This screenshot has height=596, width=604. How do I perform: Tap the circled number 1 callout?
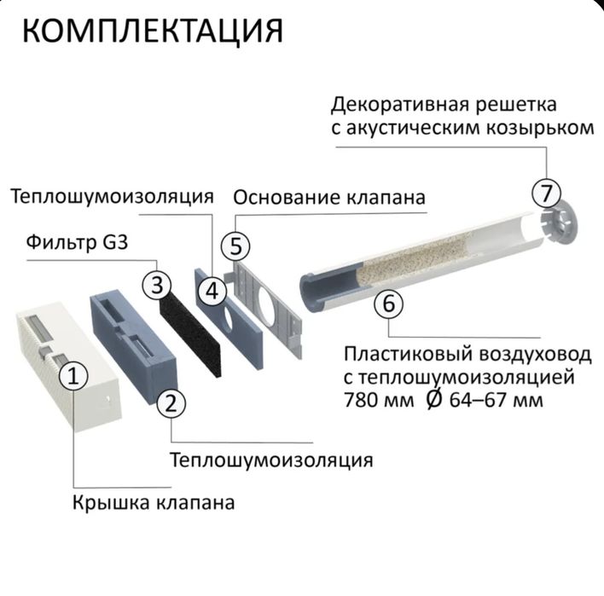74,375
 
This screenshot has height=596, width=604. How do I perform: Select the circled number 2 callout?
171,403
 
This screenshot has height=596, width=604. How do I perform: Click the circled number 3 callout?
158,286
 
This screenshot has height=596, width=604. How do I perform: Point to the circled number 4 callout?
212,292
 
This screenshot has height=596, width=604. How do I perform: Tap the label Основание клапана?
329,198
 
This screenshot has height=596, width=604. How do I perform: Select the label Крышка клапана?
154,502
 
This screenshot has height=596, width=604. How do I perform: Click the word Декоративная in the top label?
392,105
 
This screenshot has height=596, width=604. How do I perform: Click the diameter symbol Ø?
433,398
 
